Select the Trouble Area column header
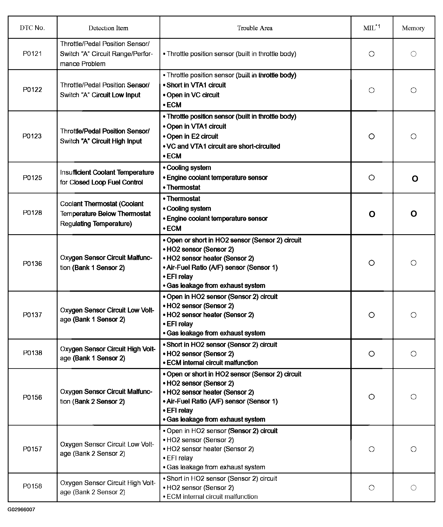255,28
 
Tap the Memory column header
413,28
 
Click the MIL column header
371,28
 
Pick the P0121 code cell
32,54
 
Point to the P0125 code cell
32,178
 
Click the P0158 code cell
32,486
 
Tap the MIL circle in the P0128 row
372,214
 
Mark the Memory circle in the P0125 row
415,179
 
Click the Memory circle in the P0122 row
413,90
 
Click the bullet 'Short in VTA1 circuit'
196,85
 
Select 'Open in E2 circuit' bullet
192,136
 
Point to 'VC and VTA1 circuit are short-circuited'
223,146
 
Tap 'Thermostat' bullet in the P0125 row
183,188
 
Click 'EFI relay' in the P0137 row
180,324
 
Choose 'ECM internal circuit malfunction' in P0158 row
212,496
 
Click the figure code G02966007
21,509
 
